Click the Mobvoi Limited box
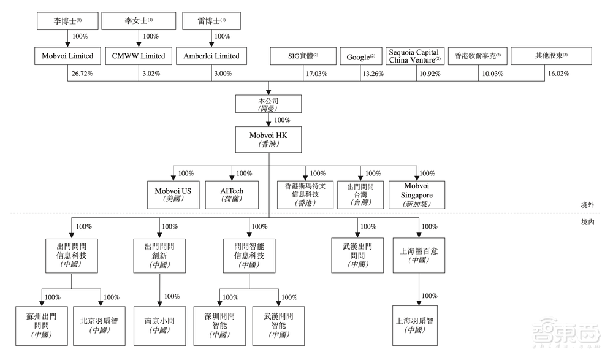click(x=67, y=56)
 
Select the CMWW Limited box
click(x=139, y=56)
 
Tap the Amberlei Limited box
click(x=211, y=56)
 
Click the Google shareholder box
click(x=360, y=56)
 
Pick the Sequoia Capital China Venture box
click(x=413, y=56)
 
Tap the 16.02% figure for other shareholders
click(x=557, y=74)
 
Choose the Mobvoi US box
click(x=173, y=195)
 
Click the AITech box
click(x=232, y=195)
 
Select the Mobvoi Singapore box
click(x=417, y=194)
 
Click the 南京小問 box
click(x=160, y=325)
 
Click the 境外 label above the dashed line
click(x=588, y=207)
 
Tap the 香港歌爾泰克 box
click(x=477, y=56)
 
